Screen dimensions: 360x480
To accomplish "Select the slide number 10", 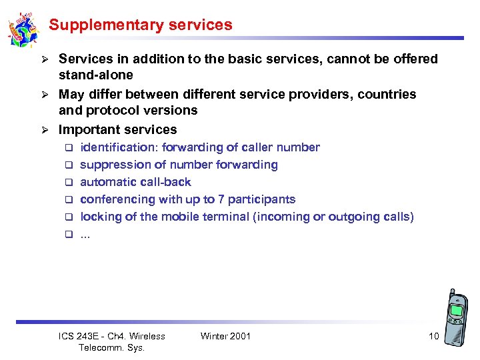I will (x=433, y=336).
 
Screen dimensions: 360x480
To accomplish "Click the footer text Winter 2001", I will (x=225, y=336).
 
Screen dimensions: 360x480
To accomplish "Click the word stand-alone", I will (x=96, y=75).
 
